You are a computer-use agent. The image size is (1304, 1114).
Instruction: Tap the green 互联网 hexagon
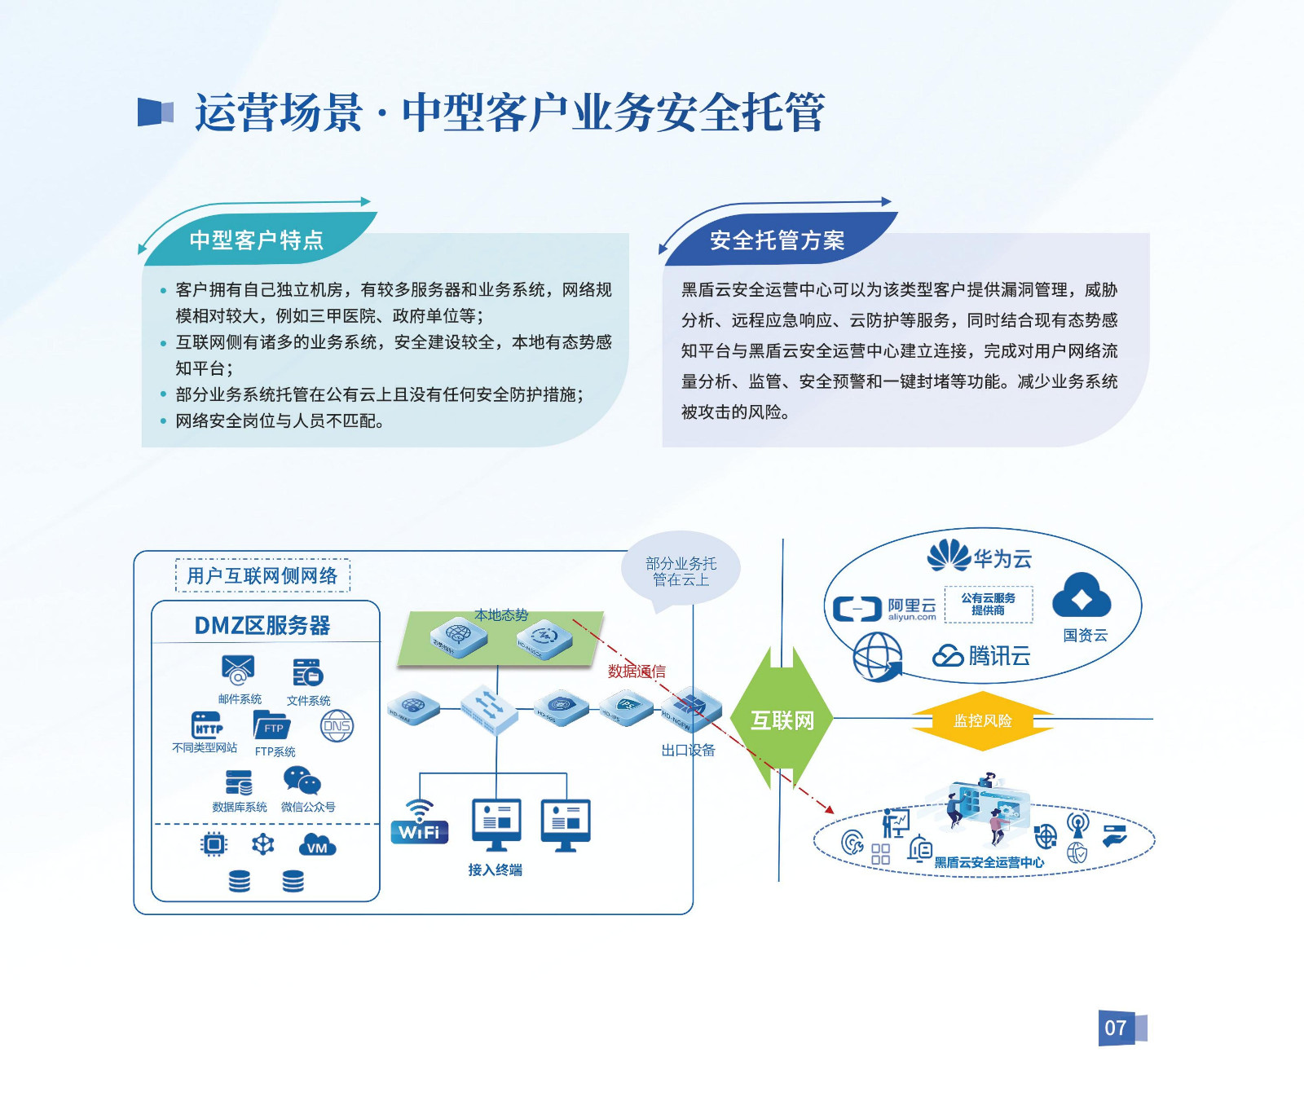pos(782,720)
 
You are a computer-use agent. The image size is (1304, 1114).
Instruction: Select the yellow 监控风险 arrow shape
pos(982,720)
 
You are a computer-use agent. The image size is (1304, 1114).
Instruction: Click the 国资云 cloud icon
pos(1082,596)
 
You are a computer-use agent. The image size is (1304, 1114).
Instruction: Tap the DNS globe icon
pos(337,726)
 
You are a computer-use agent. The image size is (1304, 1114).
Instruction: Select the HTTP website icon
pos(207,724)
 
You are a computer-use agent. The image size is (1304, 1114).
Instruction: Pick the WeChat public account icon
pos(302,782)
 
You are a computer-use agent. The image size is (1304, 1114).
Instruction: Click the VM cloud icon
pos(317,845)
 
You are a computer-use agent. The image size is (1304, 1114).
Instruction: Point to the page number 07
pos(1116,1028)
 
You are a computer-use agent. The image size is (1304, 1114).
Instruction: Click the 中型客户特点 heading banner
pos(257,240)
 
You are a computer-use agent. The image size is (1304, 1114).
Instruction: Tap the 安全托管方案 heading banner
pos(777,240)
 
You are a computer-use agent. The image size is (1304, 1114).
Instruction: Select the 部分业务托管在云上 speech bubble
pos(681,571)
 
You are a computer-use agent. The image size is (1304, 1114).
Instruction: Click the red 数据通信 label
pos(637,671)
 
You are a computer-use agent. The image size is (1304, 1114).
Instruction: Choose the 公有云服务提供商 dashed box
pos(988,604)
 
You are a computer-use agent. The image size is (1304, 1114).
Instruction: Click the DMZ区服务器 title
pos(262,625)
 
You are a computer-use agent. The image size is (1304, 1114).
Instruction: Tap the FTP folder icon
pos(272,725)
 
